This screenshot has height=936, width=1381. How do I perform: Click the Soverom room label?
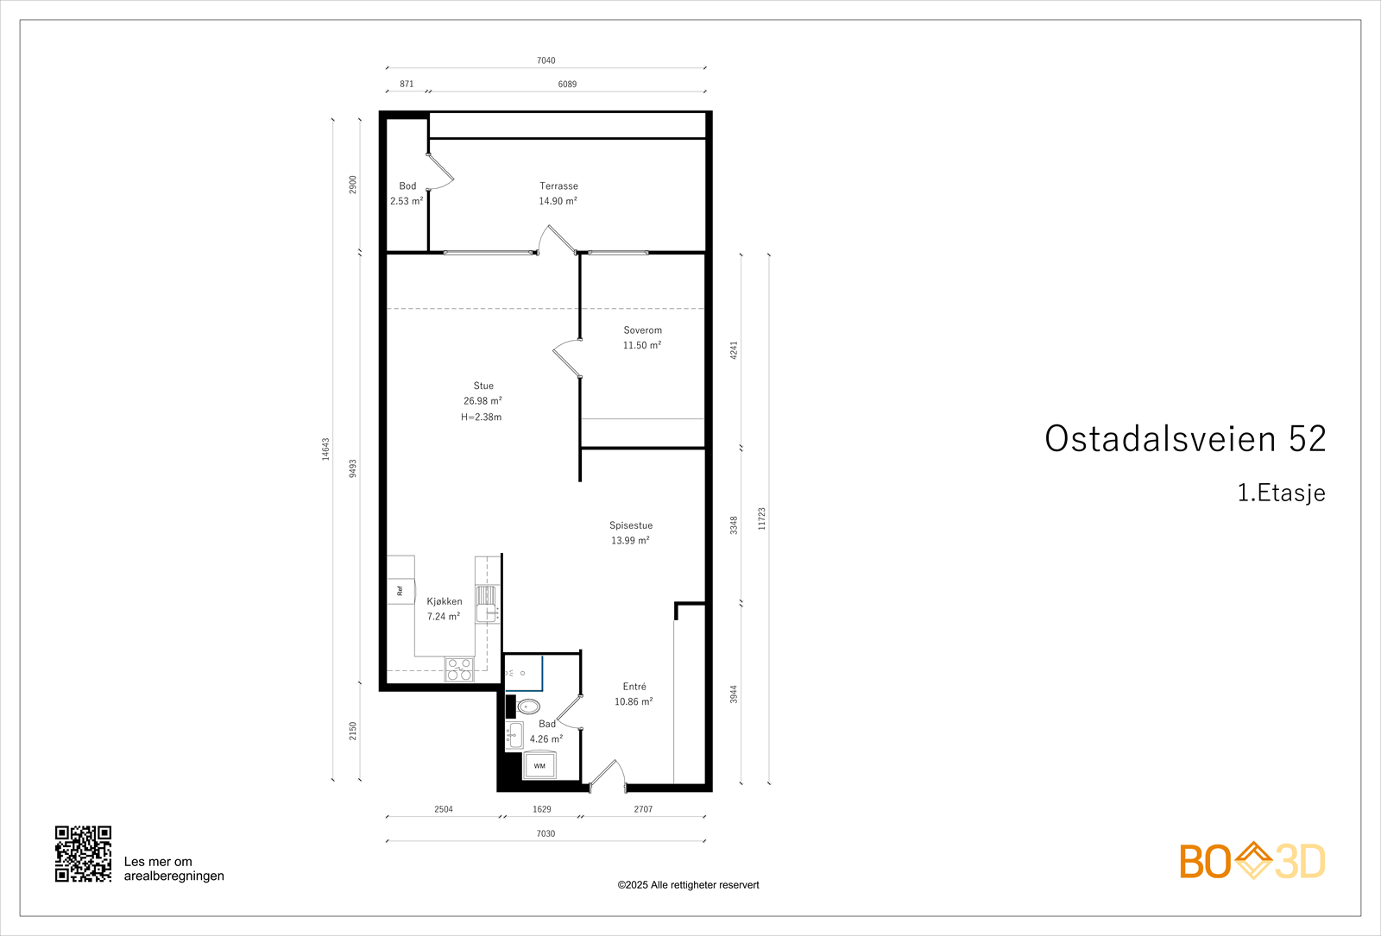[642, 330]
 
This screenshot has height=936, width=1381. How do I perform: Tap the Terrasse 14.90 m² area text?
[558, 201]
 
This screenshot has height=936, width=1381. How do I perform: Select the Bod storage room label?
[407, 186]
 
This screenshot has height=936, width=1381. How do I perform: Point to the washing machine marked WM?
[539, 765]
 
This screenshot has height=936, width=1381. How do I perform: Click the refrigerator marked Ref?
[400, 591]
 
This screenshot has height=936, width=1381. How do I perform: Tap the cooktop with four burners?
[459, 669]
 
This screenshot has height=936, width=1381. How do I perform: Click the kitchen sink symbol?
[487, 604]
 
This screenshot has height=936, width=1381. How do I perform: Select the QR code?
[83, 854]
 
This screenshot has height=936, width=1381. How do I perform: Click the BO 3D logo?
[1252, 861]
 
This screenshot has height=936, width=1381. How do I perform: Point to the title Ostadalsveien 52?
[1184, 439]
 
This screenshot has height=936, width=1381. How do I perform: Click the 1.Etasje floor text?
[1281, 493]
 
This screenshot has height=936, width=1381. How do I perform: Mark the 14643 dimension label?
[326, 449]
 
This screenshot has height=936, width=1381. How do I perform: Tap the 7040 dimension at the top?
[545, 60]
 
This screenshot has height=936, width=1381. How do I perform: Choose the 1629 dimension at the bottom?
[541, 809]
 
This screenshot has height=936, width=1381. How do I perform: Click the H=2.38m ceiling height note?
[481, 418]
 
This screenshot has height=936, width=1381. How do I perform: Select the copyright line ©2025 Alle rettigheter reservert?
[688, 885]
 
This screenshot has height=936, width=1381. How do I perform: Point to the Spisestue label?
[631, 525]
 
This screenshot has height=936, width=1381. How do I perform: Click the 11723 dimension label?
[761, 518]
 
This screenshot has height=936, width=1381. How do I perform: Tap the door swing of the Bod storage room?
[441, 173]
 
